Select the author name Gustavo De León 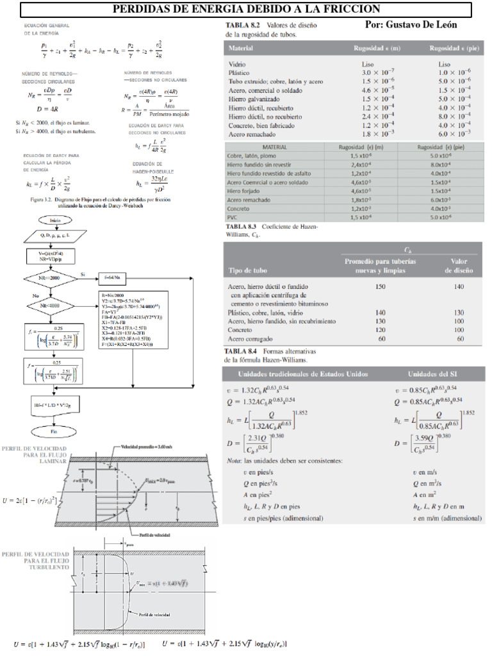click(411, 24)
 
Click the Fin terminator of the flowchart click(54, 432)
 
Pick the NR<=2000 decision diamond click(54, 279)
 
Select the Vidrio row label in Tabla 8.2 click(237, 65)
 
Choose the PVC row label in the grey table click(232, 218)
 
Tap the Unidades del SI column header click(434, 373)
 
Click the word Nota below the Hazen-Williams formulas click(234, 461)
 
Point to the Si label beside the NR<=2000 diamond click(82, 274)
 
